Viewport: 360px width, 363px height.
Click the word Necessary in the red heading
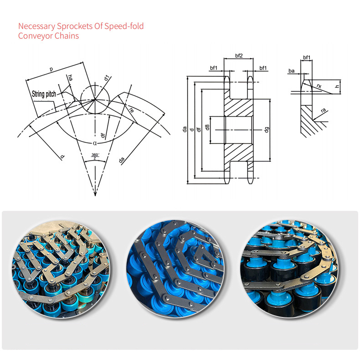click(36, 26)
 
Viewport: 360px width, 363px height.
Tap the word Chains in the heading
click(67, 36)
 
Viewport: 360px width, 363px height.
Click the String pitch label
click(44, 94)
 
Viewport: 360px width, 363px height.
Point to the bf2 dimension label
click(239, 56)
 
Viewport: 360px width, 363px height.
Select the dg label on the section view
click(267, 130)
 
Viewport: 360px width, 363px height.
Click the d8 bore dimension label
click(207, 127)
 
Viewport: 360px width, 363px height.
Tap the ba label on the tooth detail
click(292, 71)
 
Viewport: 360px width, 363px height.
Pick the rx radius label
click(319, 86)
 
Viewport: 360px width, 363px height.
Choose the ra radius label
click(324, 110)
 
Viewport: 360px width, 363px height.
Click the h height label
click(337, 87)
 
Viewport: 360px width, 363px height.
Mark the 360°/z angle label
click(95, 156)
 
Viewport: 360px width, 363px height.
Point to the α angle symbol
click(95, 143)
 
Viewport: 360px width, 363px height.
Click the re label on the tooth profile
click(131, 110)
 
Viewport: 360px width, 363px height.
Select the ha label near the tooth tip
click(70, 78)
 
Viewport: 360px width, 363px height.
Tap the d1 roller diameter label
click(106, 78)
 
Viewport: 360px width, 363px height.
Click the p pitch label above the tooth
click(51, 69)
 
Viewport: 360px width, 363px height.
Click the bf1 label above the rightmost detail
click(307, 57)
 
